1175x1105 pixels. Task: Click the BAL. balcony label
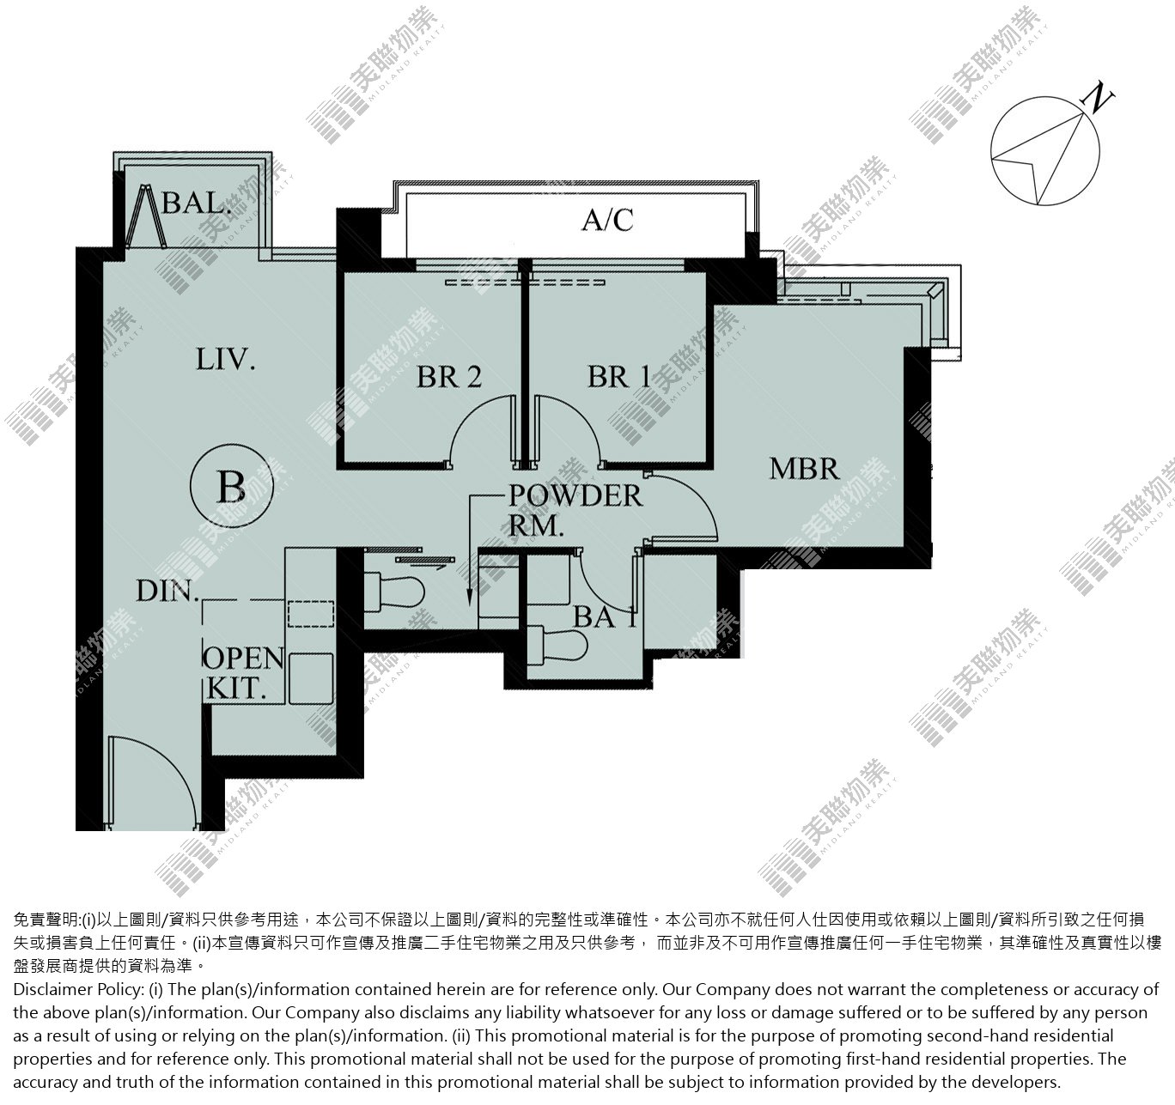click(195, 203)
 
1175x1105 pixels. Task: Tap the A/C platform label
click(607, 220)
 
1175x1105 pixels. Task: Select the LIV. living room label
click(225, 359)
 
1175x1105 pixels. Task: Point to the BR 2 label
click(449, 377)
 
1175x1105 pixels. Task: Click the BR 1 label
click(619, 377)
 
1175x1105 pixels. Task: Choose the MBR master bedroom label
click(804, 469)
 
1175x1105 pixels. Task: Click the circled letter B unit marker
click(231, 486)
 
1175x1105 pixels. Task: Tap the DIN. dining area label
click(167, 591)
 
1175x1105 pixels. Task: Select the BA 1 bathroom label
click(605, 617)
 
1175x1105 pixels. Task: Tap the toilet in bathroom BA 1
click(557, 643)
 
